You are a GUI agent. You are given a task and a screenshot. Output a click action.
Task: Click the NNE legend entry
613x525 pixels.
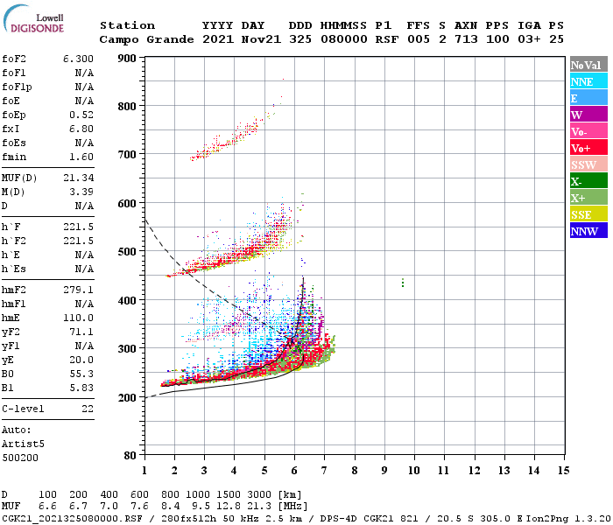coord(588,81)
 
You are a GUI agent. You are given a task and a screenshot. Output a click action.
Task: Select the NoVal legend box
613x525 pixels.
coord(588,65)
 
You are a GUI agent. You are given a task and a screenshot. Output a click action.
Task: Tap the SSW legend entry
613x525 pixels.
coord(588,164)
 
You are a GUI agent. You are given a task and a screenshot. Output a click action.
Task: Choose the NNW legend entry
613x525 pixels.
coord(588,231)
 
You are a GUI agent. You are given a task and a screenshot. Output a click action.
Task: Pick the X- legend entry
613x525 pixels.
coord(588,181)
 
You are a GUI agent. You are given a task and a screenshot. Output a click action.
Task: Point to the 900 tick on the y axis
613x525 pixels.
coord(128,58)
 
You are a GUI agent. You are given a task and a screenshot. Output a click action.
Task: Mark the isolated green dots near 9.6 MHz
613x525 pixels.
coord(402,283)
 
